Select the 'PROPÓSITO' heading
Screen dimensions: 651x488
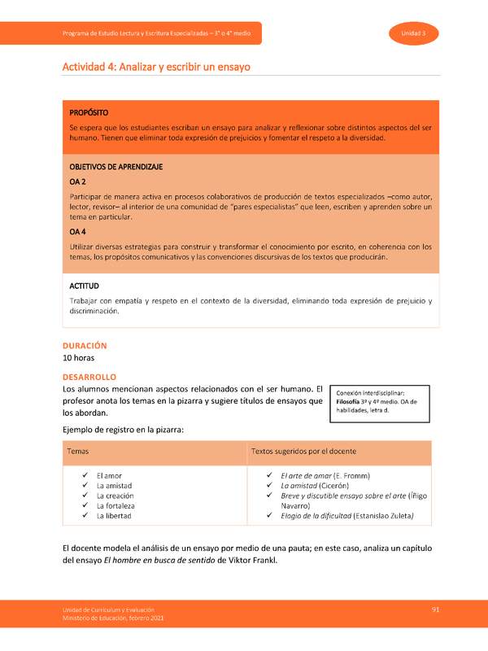point(89,111)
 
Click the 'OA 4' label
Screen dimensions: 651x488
point(78,231)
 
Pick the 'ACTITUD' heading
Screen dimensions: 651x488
point(85,286)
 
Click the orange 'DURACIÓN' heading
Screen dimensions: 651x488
point(85,346)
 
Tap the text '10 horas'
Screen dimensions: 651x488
point(81,358)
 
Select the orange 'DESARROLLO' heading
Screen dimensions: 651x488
point(90,377)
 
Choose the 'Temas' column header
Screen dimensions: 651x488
point(78,451)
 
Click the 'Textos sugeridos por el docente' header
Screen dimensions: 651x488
point(303,451)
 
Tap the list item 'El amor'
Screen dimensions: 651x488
point(109,474)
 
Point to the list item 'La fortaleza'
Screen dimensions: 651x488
point(115,505)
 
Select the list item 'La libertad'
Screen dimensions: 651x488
point(114,516)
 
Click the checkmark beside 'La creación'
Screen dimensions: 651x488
point(85,496)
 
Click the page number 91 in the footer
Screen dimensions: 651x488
point(436,609)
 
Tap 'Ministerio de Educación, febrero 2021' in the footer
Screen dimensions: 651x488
point(115,620)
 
